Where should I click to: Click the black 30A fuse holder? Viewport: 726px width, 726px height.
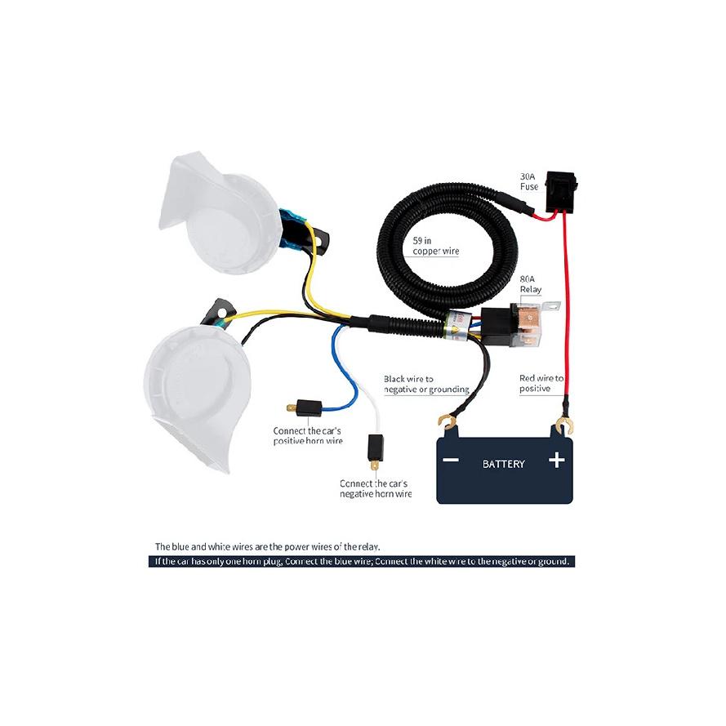tap(561, 192)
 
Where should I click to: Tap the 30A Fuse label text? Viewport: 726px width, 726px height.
tap(528, 181)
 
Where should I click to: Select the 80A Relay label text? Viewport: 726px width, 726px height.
tap(530, 284)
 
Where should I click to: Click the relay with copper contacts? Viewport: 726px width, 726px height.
tap(519, 324)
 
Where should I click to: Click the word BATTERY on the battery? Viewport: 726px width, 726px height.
tap(504, 464)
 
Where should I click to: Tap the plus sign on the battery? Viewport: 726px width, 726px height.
tap(556, 461)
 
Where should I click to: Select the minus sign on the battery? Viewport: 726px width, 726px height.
tap(451, 460)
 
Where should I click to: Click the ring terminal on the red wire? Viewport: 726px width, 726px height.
tap(564, 424)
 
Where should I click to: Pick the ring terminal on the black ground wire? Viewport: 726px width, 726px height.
tap(446, 422)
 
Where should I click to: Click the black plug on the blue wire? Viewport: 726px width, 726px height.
tap(305, 408)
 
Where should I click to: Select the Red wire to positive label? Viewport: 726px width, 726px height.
tap(541, 383)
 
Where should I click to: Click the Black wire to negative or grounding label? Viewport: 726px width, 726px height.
tap(426, 385)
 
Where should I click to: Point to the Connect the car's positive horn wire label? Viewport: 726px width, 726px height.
tap(308, 436)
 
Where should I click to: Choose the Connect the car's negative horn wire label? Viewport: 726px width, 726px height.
tap(376, 489)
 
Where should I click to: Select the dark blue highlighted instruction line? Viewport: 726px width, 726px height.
tap(362, 562)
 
